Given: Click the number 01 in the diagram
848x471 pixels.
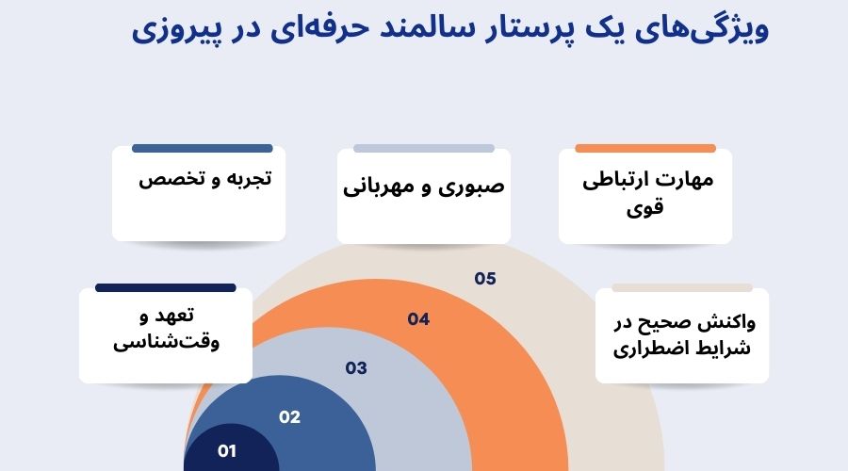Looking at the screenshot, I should [x=226, y=451].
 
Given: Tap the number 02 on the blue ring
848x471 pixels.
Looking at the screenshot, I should [x=289, y=417].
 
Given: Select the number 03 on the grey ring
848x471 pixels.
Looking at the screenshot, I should [x=355, y=368].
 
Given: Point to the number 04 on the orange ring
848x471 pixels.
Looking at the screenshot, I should [x=418, y=319].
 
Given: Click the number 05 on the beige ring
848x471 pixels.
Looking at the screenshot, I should [x=485, y=279].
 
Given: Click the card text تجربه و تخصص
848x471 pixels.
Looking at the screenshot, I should [x=205, y=179].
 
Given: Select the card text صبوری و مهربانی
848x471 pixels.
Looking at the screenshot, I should [x=423, y=186].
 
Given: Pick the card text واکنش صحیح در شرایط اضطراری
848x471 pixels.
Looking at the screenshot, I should [x=683, y=335].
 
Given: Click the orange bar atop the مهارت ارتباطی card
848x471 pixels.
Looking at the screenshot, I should [x=644, y=148].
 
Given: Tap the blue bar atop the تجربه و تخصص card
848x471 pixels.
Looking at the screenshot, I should [x=203, y=148].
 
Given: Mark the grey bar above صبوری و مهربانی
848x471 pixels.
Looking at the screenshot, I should [x=424, y=148].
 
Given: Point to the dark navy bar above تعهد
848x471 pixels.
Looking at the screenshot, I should [x=165, y=287].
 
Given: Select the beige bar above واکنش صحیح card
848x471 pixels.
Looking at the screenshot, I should [x=682, y=287].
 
